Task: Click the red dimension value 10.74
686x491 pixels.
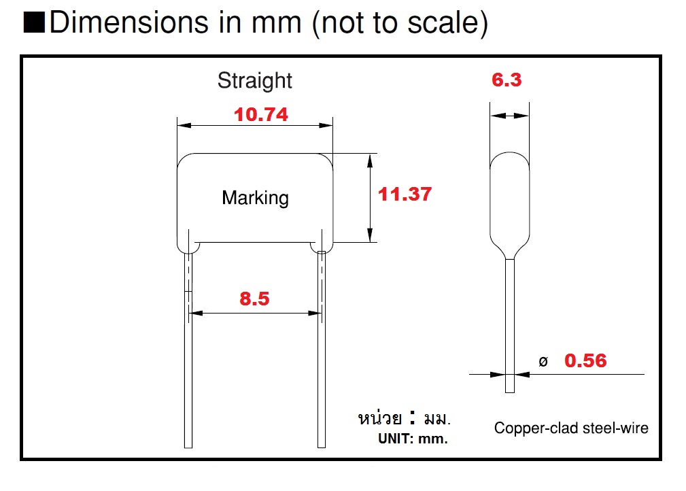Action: click(x=260, y=115)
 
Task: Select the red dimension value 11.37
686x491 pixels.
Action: click(x=405, y=194)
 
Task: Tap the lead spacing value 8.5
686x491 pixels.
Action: click(x=254, y=299)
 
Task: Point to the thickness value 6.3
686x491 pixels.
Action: click(x=507, y=80)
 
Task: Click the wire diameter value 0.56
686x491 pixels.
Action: click(x=585, y=360)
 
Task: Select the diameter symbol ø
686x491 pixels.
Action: click(x=543, y=362)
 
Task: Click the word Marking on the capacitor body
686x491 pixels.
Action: click(x=255, y=198)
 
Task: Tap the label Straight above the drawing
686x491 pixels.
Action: click(x=254, y=80)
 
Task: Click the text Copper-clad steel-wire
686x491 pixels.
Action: click(x=571, y=428)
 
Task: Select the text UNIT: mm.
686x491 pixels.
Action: click(x=413, y=439)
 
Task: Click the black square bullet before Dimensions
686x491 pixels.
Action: click(x=33, y=23)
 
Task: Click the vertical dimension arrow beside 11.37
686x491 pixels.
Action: click(x=370, y=198)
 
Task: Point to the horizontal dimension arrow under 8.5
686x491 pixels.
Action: click(x=254, y=313)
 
